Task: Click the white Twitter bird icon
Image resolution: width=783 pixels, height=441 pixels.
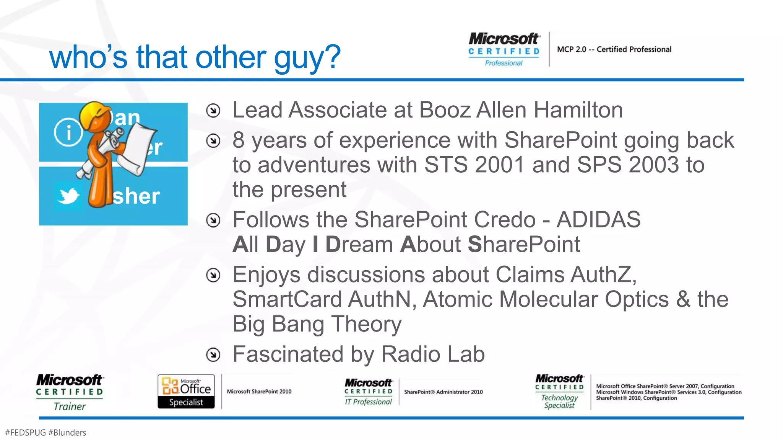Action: click(x=68, y=196)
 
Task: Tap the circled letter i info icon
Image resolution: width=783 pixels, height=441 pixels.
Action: click(x=68, y=132)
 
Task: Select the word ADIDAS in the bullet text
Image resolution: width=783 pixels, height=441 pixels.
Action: click(x=598, y=220)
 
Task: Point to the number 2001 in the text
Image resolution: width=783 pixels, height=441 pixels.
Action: click(x=499, y=165)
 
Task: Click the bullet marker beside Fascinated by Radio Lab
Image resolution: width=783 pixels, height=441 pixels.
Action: click(x=213, y=354)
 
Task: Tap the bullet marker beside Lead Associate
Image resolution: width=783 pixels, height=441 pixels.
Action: click(x=213, y=111)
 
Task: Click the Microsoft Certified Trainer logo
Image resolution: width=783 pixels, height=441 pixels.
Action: click(x=70, y=392)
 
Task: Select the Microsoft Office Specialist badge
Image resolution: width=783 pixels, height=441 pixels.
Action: click(x=186, y=392)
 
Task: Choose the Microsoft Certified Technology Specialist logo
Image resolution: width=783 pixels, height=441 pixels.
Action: click(x=559, y=392)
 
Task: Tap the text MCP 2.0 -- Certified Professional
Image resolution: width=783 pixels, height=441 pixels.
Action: click(x=614, y=49)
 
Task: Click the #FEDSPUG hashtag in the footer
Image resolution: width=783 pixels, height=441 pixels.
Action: click(x=26, y=433)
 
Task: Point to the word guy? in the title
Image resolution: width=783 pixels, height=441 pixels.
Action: click(x=307, y=57)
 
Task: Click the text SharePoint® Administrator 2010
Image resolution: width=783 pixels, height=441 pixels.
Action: click(x=443, y=392)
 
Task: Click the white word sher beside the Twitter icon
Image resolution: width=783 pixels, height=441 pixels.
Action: click(x=136, y=196)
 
